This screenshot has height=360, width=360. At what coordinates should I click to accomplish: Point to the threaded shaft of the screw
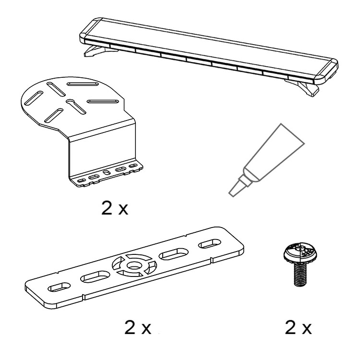(x=300, y=275)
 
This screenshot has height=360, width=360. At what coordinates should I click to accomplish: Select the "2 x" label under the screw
(x=298, y=327)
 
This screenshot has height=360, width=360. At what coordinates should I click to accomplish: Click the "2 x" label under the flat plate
(x=138, y=327)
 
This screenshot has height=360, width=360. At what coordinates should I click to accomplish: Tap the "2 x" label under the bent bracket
(x=115, y=208)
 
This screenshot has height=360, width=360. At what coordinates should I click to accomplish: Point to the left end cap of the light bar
(x=88, y=31)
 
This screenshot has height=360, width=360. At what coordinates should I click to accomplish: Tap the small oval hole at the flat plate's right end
(x=209, y=243)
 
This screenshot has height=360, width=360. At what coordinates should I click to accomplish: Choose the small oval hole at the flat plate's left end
(x=59, y=287)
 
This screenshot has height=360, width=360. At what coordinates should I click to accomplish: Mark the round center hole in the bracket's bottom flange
(x=106, y=172)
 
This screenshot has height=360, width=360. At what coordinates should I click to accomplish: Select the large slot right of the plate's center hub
(x=173, y=254)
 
